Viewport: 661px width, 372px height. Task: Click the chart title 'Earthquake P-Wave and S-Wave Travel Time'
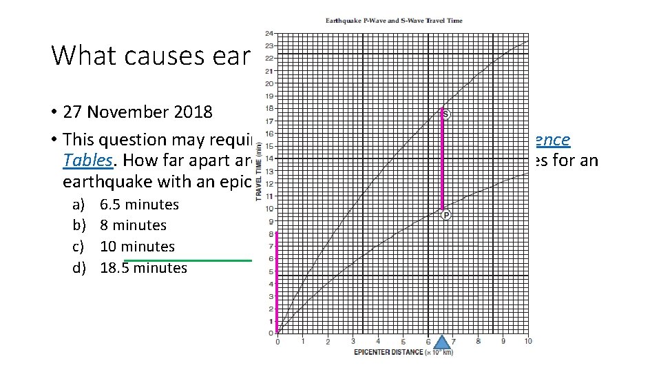click(394, 21)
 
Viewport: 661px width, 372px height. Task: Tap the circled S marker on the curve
click(446, 114)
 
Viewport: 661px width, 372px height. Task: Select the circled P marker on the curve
click(446, 215)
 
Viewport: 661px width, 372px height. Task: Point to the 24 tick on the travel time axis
click(269, 33)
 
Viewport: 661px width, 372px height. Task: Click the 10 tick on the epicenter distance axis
click(528, 342)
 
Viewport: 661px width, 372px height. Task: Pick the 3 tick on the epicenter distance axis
click(353, 342)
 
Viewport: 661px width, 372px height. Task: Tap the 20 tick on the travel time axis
click(269, 83)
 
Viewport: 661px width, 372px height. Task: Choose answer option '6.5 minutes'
click(139, 205)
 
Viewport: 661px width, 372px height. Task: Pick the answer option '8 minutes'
click(133, 225)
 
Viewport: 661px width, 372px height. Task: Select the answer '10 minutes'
click(137, 247)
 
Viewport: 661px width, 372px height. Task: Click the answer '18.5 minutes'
click(143, 268)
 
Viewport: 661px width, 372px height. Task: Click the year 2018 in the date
click(193, 112)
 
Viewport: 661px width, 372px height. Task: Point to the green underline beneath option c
click(187, 260)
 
